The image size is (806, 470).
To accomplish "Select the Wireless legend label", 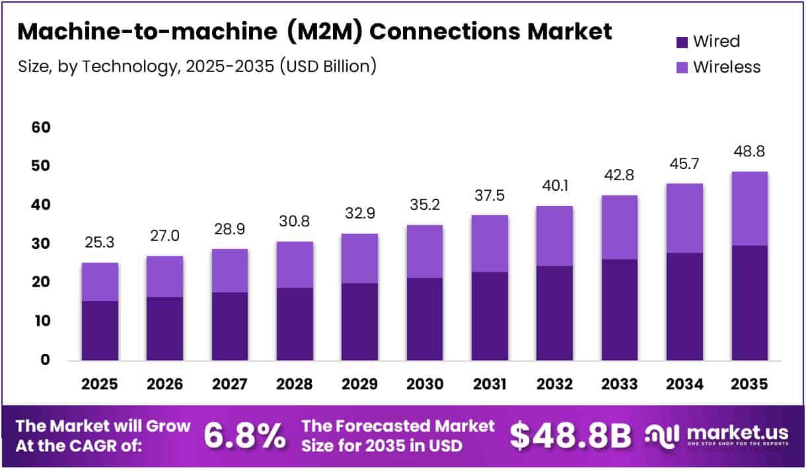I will pos(727,67).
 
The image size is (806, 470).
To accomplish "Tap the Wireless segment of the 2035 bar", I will pos(750,209).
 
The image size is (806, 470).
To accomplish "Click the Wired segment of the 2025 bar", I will pos(100,331).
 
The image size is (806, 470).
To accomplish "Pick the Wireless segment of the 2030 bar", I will pos(424,252).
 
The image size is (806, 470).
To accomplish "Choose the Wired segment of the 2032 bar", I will pos(554,313).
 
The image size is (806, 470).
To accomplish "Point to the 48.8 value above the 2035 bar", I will pos(750,151).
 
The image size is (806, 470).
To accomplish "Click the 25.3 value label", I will pos(100,243).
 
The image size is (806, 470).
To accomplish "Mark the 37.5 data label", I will pos(489,195).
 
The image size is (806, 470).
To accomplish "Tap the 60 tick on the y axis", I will pos(41,127).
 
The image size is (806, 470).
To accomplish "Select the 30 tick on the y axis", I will pos(41,244).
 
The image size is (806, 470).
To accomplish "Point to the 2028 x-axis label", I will pos(295,384).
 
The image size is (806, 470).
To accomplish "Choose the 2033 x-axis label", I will pos(619,384).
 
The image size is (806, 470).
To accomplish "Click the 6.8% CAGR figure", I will pos(244,436).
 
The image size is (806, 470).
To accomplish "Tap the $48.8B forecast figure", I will pos(571,436).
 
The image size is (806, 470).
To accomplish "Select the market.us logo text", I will pos(737,433).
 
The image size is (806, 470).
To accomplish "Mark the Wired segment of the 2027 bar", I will pos(229,327).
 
